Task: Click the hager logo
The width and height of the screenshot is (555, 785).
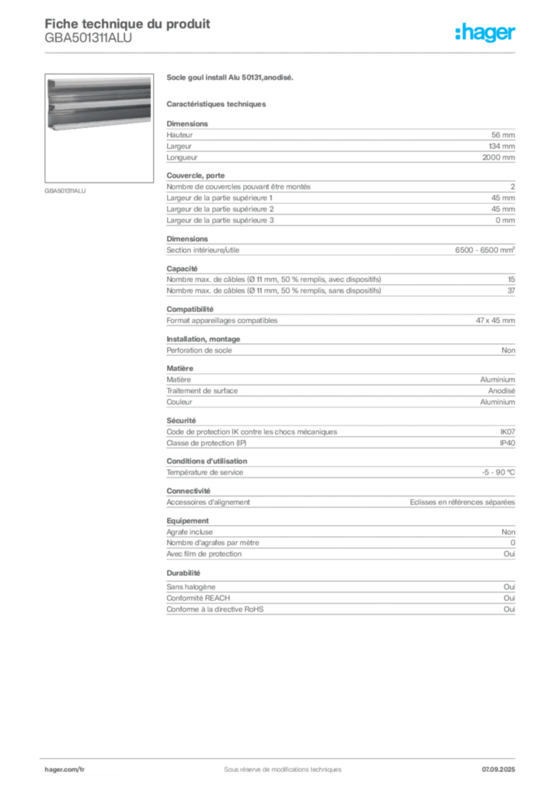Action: [484, 32]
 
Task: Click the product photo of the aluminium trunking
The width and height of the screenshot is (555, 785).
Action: [99, 104]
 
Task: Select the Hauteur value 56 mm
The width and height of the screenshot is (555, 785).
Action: [502, 135]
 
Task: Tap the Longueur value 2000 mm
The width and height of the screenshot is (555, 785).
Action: [498, 157]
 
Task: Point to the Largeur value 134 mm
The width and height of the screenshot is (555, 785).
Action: [501, 146]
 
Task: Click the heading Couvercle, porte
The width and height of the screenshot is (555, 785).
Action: [195, 176]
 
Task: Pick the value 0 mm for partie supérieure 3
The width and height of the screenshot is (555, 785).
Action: [505, 220]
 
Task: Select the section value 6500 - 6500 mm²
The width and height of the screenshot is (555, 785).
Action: [485, 250]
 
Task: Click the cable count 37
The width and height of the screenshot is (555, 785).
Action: [511, 291]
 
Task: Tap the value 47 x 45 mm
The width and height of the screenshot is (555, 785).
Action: [495, 320]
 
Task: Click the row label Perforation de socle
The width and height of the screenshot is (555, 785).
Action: [199, 350]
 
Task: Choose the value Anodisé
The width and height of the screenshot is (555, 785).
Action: [501, 391]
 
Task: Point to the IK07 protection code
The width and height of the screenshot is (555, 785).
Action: [507, 432]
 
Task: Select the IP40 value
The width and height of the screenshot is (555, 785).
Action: [507, 443]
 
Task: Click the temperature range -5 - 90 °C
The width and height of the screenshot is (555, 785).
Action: [498, 472]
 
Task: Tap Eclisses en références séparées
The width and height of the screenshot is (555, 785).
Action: [462, 502]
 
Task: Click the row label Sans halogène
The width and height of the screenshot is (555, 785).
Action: [191, 586]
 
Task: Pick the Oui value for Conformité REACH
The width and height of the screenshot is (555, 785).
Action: [510, 598]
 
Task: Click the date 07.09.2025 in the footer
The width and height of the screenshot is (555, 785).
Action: [498, 770]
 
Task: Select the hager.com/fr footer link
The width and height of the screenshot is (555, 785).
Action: [64, 770]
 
